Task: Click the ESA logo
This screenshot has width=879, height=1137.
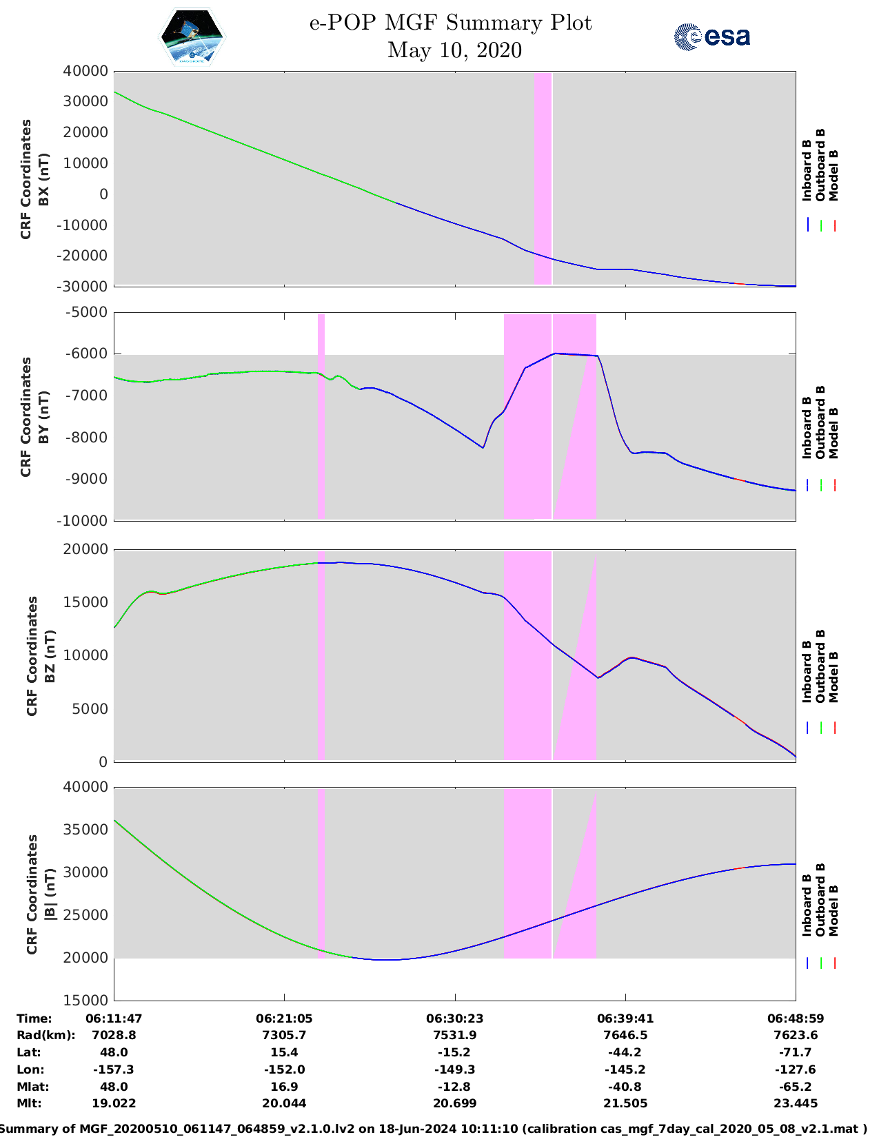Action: [x=712, y=37]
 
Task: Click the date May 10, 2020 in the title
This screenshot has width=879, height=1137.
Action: [x=454, y=50]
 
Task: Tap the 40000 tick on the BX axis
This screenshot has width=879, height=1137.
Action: [x=85, y=71]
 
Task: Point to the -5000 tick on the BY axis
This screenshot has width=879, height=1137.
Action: [x=88, y=312]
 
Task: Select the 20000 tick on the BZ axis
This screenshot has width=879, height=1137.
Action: [x=85, y=549]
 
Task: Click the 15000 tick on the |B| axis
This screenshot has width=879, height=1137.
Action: [x=85, y=1000]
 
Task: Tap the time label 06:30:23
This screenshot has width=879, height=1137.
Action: [x=454, y=1018]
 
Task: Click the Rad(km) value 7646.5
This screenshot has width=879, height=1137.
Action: [x=625, y=1035]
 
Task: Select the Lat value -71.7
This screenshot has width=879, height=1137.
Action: [x=796, y=1052]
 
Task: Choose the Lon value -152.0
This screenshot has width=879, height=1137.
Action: [x=284, y=1069]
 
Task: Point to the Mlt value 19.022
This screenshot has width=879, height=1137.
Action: [x=114, y=1103]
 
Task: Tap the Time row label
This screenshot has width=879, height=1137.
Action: [x=34, y=1018]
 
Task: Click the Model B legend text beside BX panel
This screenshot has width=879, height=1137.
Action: [x=833, y=176]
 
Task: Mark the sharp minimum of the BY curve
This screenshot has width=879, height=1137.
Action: [x=483, y=448]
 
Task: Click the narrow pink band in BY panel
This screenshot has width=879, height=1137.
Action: [x=321, y=416]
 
